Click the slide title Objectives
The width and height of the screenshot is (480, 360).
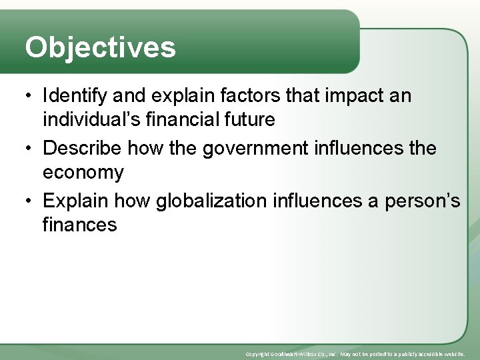[100, 47]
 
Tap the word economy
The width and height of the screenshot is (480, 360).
[83, 173]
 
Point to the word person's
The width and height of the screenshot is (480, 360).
[423, 199]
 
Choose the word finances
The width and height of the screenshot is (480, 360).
[79, 225]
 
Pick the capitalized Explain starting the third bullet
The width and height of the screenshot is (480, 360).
[76, 199]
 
